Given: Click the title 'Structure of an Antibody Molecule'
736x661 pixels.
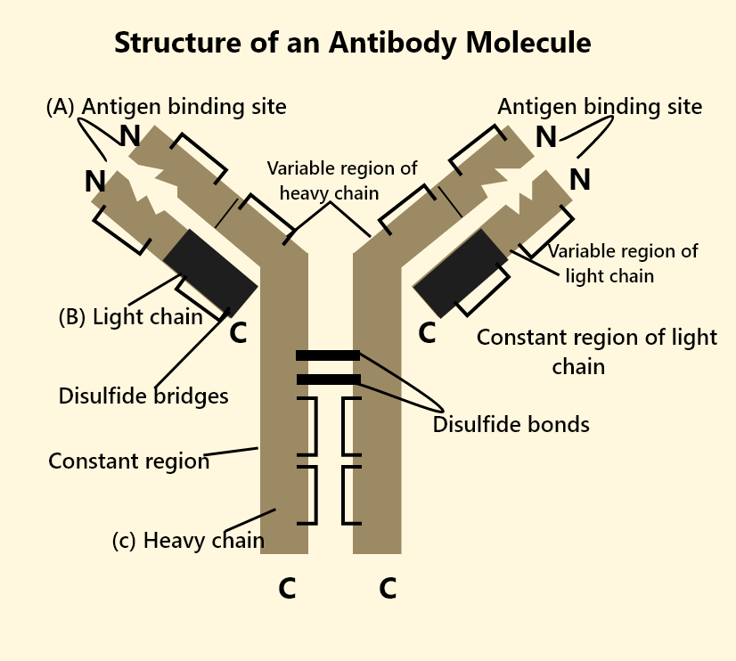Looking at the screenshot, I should (352, 42).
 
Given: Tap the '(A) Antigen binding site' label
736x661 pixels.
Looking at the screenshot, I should (167, 107).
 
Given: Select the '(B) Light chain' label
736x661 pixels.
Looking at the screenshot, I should (130, 317).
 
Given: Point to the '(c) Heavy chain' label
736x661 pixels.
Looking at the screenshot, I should (188, 541).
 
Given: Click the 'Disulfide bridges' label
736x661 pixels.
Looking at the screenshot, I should (143, 396).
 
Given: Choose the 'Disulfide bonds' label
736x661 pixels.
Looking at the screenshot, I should (511, 425).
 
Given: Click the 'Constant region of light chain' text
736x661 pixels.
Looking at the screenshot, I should (596, 351).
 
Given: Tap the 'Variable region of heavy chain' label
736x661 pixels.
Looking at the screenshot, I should (341, 180).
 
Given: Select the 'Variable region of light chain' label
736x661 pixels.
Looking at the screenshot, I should (622, 264).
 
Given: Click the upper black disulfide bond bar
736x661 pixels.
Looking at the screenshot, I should (328, 355).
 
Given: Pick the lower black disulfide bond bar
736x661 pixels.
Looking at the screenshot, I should (328, 379).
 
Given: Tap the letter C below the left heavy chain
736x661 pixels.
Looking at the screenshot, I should (287, 589).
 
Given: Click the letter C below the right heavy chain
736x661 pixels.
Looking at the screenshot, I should (388, 589).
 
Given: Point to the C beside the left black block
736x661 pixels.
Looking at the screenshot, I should (238, 333).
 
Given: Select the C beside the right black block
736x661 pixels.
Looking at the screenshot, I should (427, 333).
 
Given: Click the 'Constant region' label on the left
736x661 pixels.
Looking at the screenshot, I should (128, 461).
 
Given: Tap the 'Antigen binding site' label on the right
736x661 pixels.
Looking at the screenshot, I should (600, 107).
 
